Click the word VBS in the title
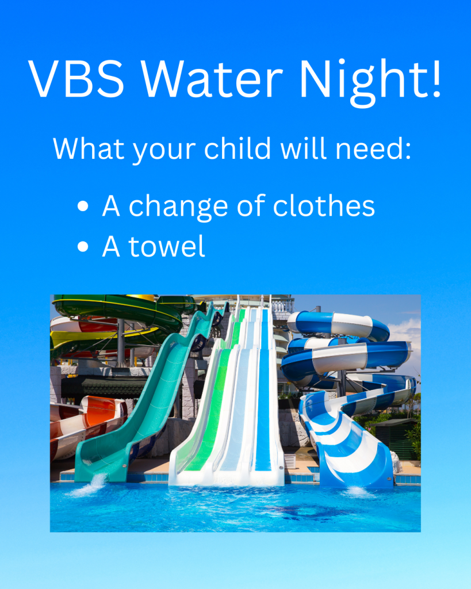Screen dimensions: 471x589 click(x=76, y=78)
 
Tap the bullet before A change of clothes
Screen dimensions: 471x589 click(x=83, y=206)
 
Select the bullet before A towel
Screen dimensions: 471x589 click(x=83, y=247)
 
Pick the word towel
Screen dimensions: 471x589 click(x=167, y=246)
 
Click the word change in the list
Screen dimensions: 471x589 click(x=178, y=208)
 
